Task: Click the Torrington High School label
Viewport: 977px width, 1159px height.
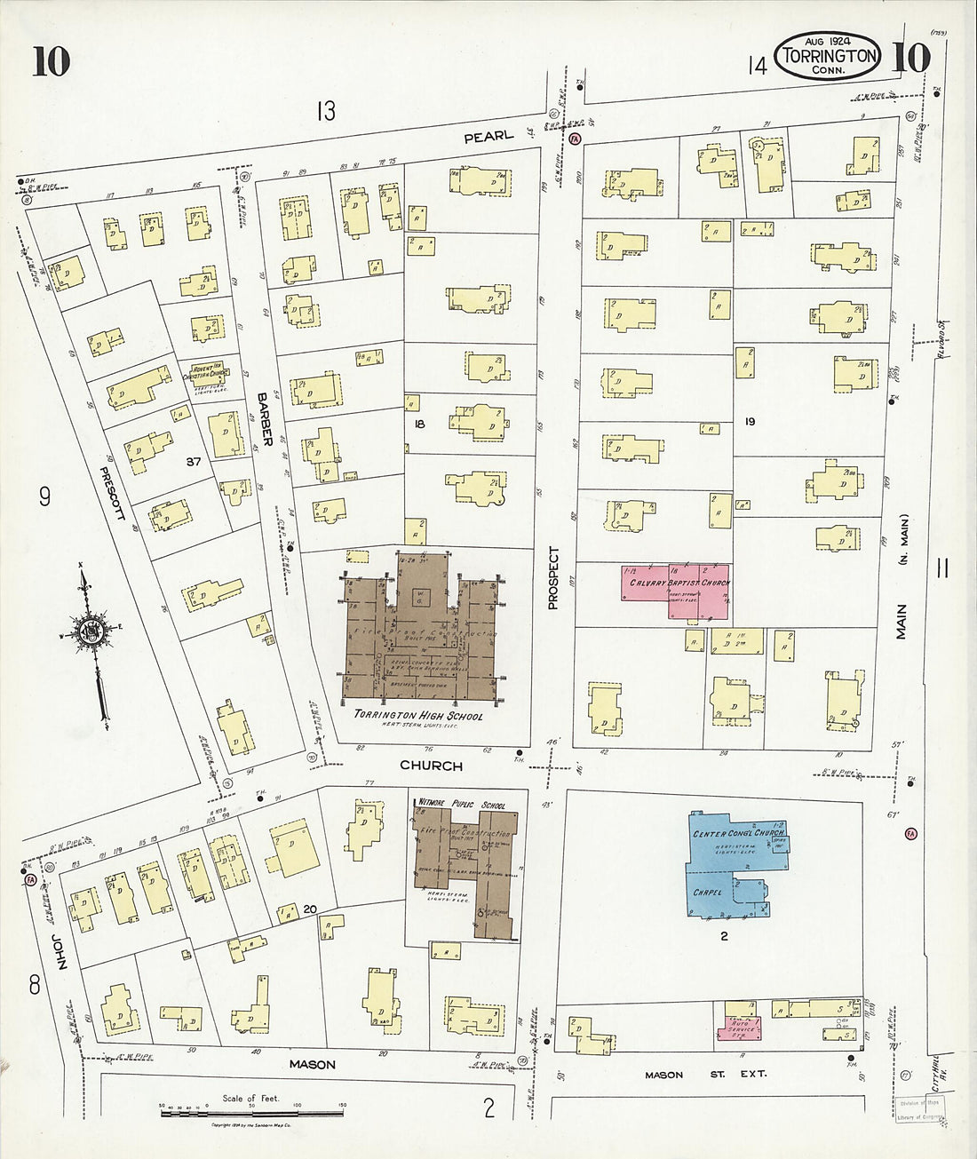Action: tap(417, 714)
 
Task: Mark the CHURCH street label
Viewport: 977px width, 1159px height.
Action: tap(431, 766)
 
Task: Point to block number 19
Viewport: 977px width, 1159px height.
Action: tap(750, 422)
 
